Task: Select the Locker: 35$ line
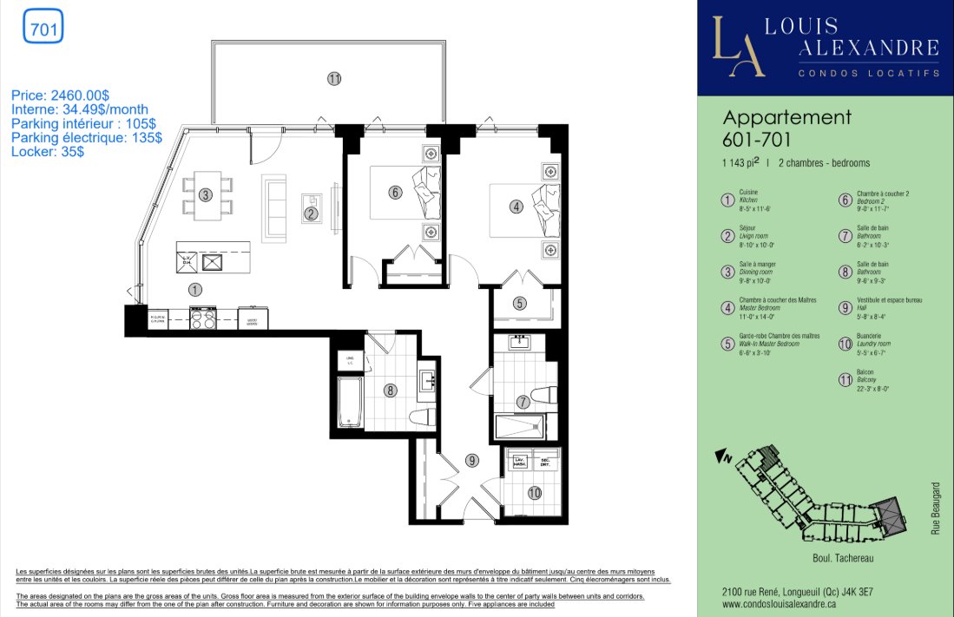48,151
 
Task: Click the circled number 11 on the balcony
334,78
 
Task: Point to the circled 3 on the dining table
206,194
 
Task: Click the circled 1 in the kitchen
195,290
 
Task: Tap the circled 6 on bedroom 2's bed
395,193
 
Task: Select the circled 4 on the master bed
516,207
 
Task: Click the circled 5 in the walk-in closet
518,304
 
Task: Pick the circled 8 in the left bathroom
391,391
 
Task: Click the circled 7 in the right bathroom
523,402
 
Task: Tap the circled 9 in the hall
471,461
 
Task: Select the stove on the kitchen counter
202,318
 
